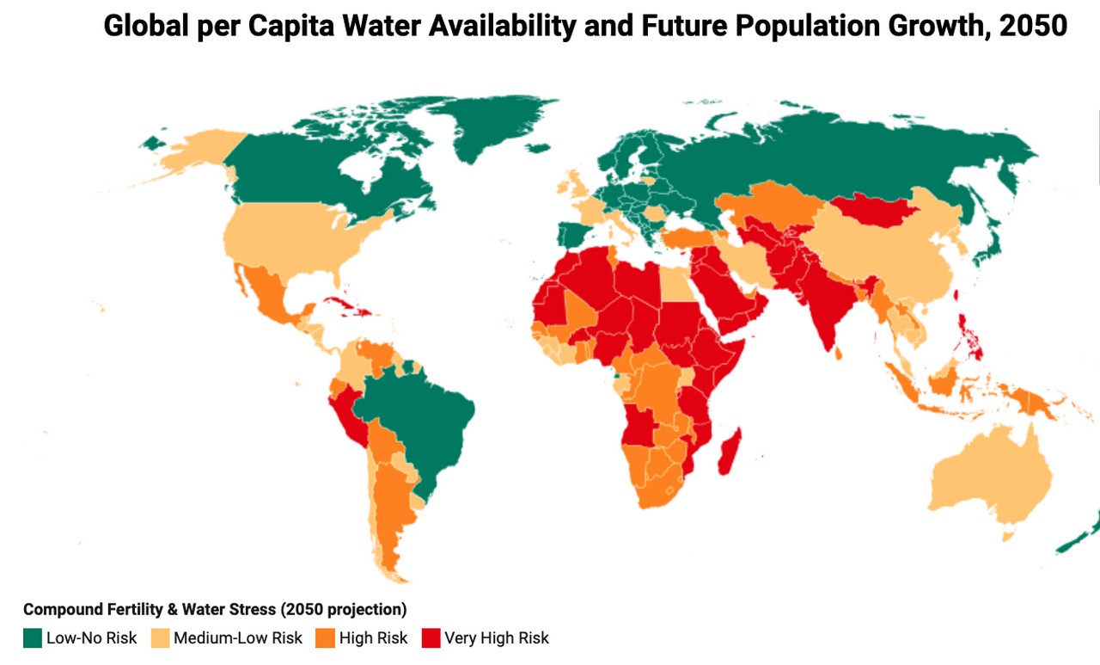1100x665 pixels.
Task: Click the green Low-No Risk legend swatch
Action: [33, 638]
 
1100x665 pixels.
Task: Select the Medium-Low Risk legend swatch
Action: [159, 638]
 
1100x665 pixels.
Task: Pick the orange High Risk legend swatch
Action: [325, 638]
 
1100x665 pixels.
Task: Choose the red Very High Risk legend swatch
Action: [431, 638]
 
